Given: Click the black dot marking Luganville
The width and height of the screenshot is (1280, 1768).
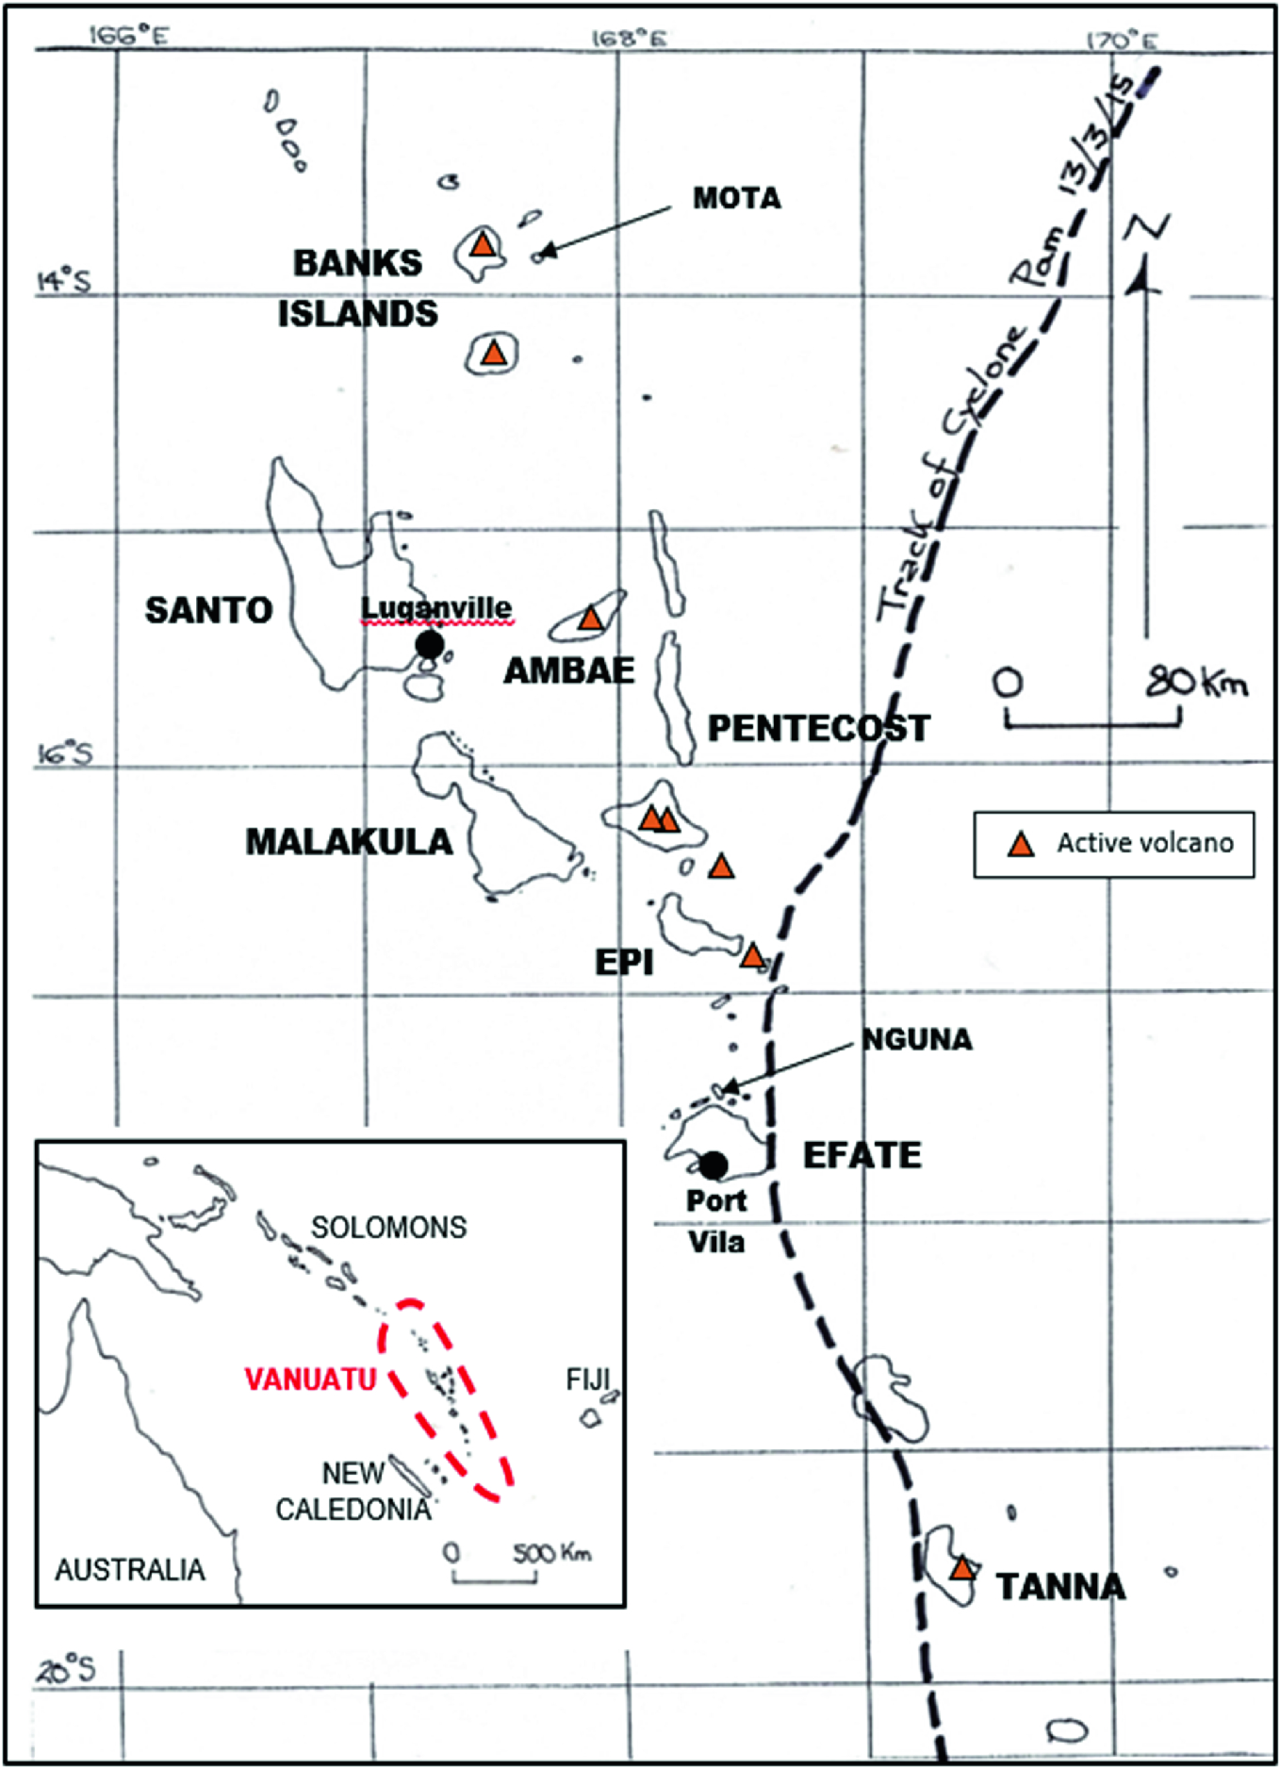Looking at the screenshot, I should tap(430, 645).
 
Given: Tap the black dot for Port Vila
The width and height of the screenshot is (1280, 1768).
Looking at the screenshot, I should tap(714, 1165).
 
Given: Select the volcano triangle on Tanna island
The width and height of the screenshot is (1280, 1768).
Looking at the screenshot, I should tap(961, 1568).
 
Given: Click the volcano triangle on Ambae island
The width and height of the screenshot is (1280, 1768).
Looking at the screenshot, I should tap(590, 619).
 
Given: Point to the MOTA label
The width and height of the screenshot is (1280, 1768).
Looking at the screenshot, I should tap(736, 199).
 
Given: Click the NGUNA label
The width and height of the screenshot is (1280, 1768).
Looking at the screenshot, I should tap(917, 1040).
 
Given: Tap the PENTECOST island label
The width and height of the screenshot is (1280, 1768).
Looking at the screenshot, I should tap(818, 729).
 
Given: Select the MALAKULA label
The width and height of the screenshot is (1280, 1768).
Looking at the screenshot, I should tap(349, 842).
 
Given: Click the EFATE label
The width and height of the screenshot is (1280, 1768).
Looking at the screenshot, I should tap(862, 1156).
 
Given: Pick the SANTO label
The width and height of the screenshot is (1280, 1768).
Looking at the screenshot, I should tap(208, 611).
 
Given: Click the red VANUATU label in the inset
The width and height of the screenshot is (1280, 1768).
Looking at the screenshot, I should tap(310, 1380).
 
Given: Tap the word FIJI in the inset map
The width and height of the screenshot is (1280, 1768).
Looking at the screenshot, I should tap(588, 1380).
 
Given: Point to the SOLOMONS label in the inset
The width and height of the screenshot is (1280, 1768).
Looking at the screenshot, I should tap(388, 1227).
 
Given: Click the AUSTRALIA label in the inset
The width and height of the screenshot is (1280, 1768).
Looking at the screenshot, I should tap(129, 1570).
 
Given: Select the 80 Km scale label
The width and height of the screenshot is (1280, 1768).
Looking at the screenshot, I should tap(1196, 682).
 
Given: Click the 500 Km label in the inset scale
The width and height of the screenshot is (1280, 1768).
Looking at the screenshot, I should tap(551, 1552).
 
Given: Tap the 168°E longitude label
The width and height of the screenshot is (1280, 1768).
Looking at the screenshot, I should tap(629, 39).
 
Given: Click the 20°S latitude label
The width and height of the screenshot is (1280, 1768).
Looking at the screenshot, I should tap(66, 1670).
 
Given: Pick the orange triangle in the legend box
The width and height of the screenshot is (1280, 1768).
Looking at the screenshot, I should tap(1021, 844).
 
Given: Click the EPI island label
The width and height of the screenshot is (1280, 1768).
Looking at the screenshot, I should tap(623, 963).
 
